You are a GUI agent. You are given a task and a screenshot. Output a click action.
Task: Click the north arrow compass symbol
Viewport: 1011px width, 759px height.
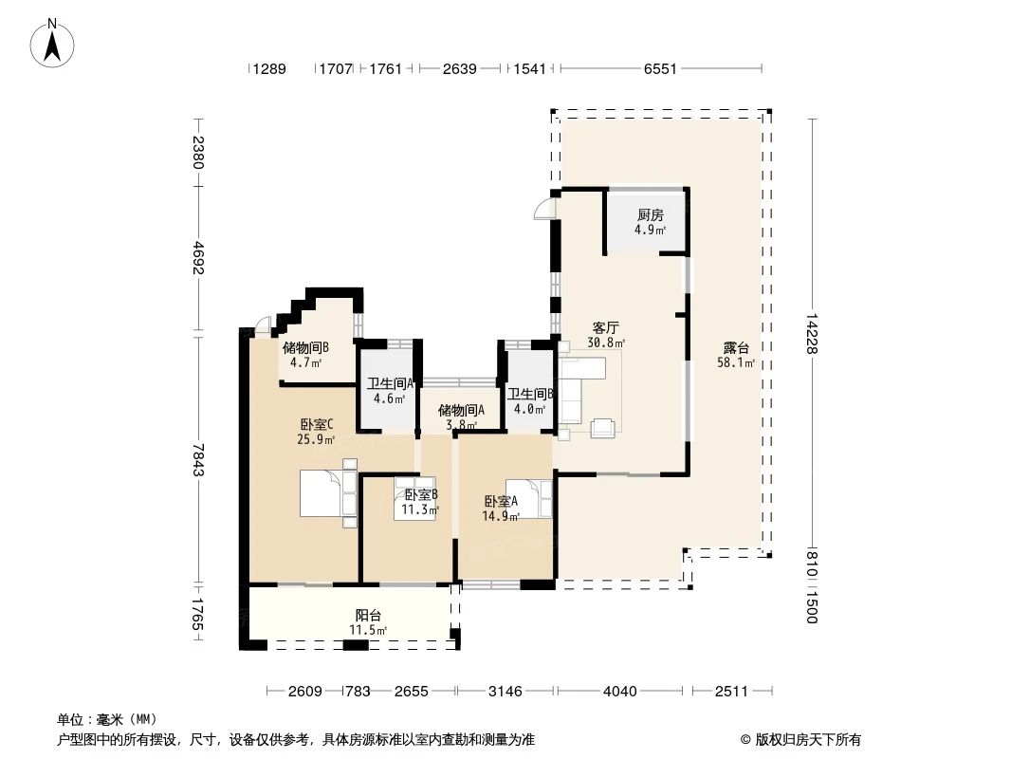[x=52, y=43]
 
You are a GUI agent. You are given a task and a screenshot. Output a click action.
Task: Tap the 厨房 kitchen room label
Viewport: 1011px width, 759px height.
[x=650, y=214]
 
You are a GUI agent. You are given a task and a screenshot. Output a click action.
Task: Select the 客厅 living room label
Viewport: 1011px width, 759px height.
[x=605, y=328]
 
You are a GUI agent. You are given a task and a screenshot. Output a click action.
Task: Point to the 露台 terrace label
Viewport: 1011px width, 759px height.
[x=736, y=347]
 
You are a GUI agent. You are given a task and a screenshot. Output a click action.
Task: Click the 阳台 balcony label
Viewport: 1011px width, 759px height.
[x=368, y=615]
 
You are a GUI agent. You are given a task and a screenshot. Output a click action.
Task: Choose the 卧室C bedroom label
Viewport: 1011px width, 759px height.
[x=317, y=424]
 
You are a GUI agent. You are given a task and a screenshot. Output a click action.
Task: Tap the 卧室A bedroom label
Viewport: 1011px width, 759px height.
[x=501, y=501]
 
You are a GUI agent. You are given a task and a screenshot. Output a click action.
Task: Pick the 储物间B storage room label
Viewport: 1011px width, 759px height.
[x=306, y=348]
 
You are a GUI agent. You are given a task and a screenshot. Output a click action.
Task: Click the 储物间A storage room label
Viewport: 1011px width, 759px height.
[x=462, y=410]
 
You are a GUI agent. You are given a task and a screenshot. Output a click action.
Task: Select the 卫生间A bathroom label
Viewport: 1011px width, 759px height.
[x=390, y=383]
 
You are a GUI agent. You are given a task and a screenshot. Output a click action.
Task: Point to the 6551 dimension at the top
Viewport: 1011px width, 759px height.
[x=660, y=69]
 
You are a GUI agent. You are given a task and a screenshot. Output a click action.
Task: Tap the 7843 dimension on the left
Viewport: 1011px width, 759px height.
[x=198, y=460]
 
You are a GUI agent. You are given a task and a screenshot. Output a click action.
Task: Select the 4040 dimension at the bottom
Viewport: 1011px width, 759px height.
[x=619, y=692]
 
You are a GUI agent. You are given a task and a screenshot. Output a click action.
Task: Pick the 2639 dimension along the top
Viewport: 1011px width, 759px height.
[x=460, y=69]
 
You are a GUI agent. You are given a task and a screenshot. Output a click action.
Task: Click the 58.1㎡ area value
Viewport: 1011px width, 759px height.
[x=736, y=362]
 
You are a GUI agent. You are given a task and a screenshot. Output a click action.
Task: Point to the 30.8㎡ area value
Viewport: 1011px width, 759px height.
[x=605, y=343]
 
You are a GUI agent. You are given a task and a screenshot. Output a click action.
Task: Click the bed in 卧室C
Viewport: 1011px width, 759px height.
[x=329, y=493]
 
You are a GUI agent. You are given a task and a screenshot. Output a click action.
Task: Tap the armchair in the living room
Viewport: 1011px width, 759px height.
[x=604, y=428]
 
